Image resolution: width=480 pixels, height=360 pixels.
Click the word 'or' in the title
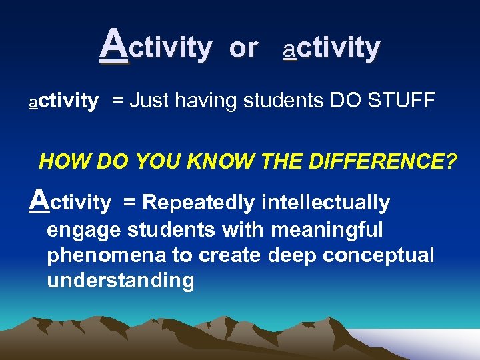click(243, 48)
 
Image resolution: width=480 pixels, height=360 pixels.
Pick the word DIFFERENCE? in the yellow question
click(385, 161)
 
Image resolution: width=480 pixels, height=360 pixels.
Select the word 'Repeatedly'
click(199, 203)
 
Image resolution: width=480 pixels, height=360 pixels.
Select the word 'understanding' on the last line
click(120, 281)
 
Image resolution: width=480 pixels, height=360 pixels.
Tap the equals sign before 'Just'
click(117, 101)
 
